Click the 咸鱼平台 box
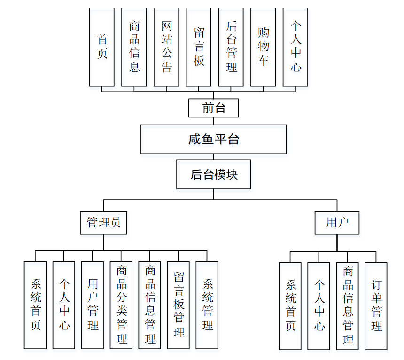(213, 139)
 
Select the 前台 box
(213, 108)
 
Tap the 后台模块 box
(214, 174)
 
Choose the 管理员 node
(103, 222)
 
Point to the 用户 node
(337, 222)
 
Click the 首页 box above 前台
(102, 47)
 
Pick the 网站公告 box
(166, 47)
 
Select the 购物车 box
(263, 47)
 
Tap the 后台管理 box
(231, 47)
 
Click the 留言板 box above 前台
(199, 47)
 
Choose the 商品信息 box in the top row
(134, 47)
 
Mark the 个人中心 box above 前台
(295, 47)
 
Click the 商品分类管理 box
(121, 305)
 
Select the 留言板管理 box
(179, 305)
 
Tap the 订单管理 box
(376, 306)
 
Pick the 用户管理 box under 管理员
(93, 305)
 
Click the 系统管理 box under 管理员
(207, 305)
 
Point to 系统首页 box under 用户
(290, 306)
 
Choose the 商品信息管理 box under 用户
(348, 306)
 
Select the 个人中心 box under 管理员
(64, 305)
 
